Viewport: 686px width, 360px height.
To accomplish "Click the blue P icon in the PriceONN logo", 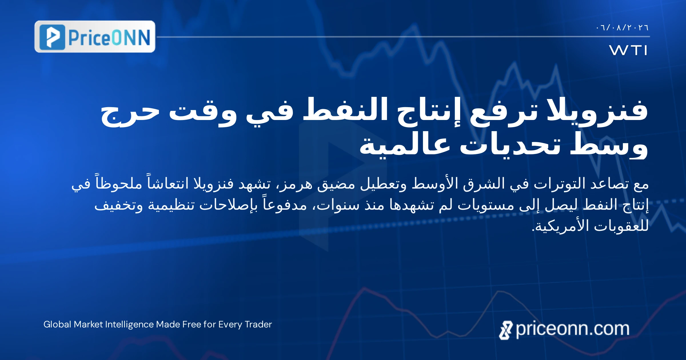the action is click(52, 37).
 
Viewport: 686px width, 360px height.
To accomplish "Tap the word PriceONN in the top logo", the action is click(109, 37).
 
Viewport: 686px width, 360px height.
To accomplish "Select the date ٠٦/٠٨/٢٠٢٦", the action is click(622, 28).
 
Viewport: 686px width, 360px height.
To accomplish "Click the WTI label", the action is click(628, 50).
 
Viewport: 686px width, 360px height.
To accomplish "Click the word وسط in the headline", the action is click(609, 144).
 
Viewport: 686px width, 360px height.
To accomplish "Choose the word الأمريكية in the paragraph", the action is click(560, 226).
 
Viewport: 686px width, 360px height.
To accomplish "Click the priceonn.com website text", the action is click(573, 329).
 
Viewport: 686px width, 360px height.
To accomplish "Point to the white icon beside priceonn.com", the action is click(506, 330).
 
